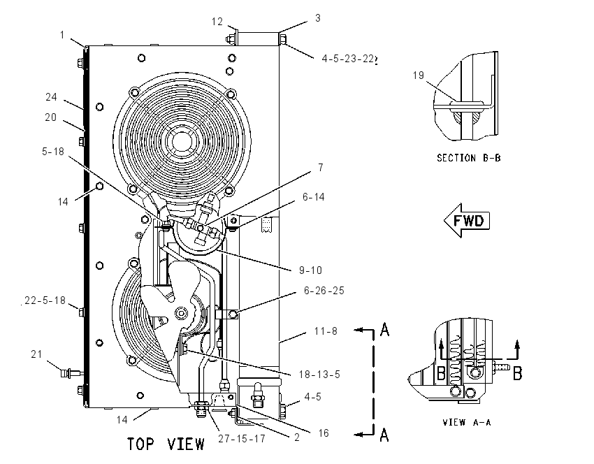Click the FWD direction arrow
tap(467, 220)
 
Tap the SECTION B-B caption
tap(469, 158)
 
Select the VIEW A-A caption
tap(467, 422)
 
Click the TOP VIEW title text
tap(166, 444)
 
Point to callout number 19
tap(418, 75)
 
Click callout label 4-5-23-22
tap(348, 59)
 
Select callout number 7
tap(321, 168)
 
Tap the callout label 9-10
tap(310, 270)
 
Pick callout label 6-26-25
tap(324, 291)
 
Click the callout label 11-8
tap(326, 331)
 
